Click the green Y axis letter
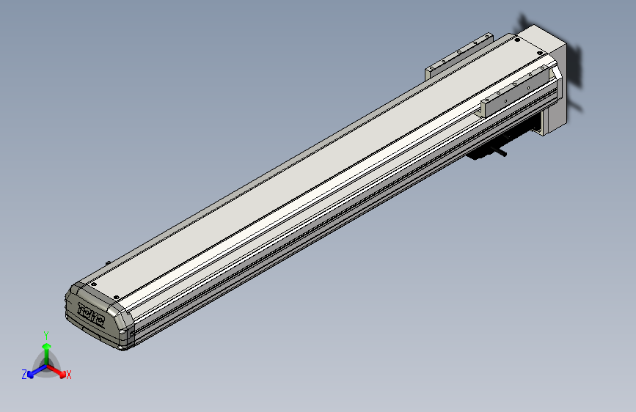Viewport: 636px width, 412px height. [46, 334]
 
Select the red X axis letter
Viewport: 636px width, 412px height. [68, 375]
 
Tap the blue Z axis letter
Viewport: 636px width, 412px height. [24, 375]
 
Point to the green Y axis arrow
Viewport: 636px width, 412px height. [46, 347]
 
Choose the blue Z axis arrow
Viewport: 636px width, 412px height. [34, 371]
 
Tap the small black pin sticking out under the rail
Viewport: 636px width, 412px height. [503, 155]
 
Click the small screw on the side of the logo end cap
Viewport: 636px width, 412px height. [131, 334]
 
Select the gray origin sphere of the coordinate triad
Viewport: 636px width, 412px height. [46, 364]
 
